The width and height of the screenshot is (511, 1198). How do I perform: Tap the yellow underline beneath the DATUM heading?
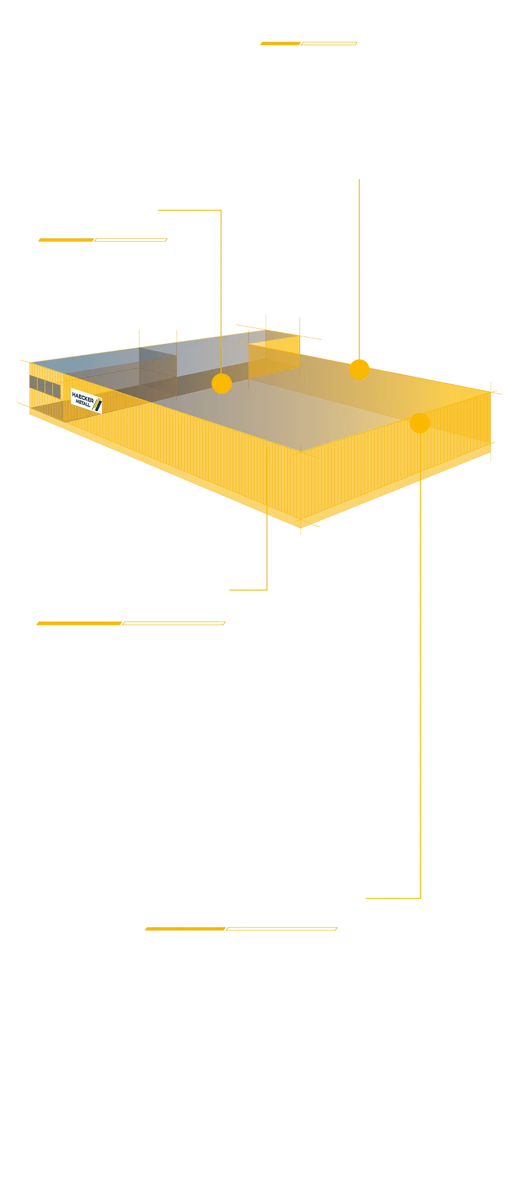[x=103, y=240]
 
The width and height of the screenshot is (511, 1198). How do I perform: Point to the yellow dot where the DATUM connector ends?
[x=221, y=384]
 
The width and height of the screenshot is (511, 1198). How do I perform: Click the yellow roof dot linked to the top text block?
[x=359, y=369]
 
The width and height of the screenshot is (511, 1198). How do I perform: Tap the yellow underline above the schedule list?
[x=132, y=622]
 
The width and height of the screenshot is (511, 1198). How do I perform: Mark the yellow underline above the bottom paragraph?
[x=242, y=927]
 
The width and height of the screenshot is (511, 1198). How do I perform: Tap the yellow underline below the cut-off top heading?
[x=307, y=45]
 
